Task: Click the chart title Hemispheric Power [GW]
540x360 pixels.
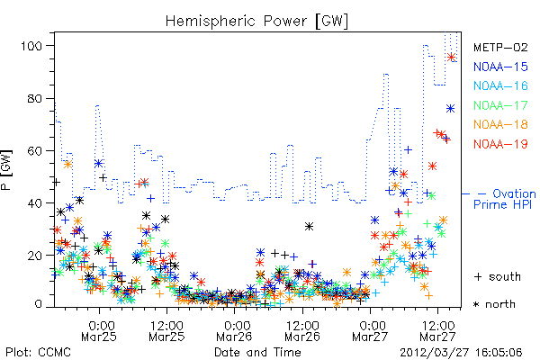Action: (256, 21)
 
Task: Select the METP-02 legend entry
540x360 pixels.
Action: (500, 47)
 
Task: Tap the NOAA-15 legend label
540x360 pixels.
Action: (500, 67)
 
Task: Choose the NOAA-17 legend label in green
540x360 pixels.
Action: (500, 105)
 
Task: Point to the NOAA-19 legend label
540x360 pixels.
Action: (500, 144)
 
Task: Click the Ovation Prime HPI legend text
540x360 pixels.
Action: (505, 199)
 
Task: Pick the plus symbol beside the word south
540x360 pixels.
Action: (478, 276)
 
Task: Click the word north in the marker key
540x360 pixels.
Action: (500, 304)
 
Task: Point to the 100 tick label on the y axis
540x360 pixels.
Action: (31, 46)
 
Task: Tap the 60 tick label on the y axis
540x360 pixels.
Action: (35, 150)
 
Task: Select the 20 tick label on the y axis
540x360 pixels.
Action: (35, 256)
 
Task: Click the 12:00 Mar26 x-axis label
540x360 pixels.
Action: (302, 330)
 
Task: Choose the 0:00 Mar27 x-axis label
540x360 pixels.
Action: (370, 330)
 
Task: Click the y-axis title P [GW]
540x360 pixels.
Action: (7, 170)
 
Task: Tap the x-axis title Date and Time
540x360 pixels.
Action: (257, 352)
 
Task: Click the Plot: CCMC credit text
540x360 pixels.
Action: (38, 352)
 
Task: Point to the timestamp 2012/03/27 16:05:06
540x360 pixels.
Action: (461, 353)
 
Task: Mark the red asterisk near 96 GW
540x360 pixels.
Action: (451, 58)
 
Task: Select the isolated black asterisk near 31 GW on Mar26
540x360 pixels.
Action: (309, 226)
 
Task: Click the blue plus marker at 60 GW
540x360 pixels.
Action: (408, 150)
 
